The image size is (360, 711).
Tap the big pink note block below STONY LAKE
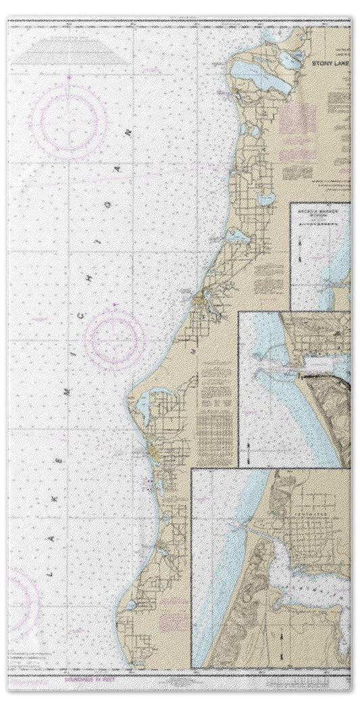pyautogui.click(x=297, y=119)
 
